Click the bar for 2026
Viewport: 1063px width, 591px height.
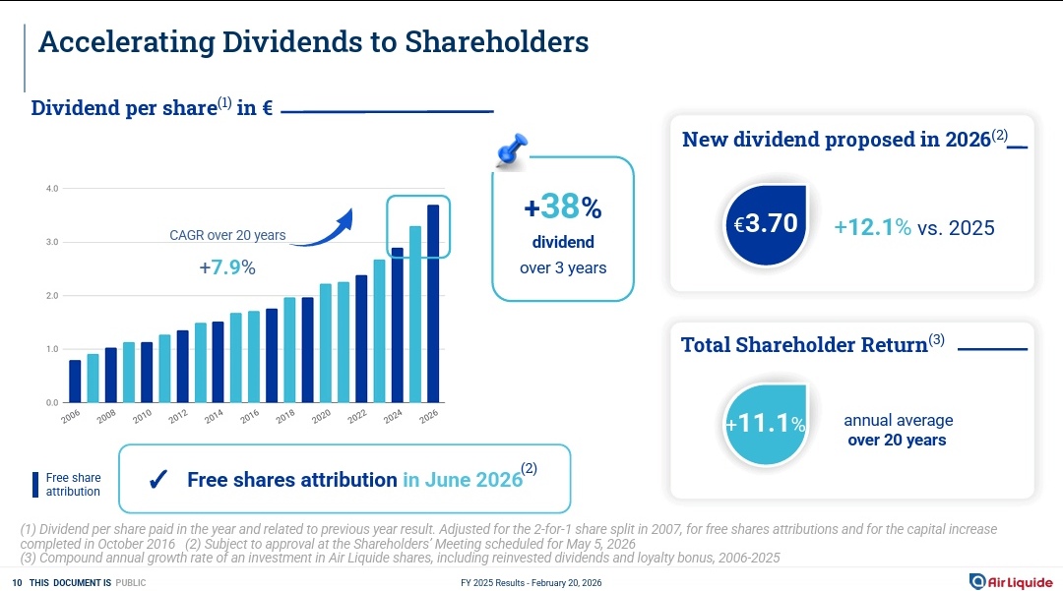[433, 304]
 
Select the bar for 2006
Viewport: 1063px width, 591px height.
[75, 382]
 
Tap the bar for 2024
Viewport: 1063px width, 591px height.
[397, 325]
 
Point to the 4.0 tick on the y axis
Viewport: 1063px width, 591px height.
[52, 188]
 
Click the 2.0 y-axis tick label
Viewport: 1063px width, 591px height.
[52, 296]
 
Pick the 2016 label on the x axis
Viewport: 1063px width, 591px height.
[250, 416]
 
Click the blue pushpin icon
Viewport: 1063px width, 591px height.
[512, 150]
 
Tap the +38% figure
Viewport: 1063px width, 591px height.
[562, 207]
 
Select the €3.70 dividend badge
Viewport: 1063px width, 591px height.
[766, 224]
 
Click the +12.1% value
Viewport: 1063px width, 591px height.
[872, 227]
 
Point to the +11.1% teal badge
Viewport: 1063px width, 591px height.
[766, 424]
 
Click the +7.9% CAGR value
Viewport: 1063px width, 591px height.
[227, 267]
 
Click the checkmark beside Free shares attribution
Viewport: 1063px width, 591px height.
[156, 480]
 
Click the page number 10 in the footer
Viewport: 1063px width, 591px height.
[17, 583]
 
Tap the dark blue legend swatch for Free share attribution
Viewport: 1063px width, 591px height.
[36, 484]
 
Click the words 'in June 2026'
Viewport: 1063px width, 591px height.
[462, 480]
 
